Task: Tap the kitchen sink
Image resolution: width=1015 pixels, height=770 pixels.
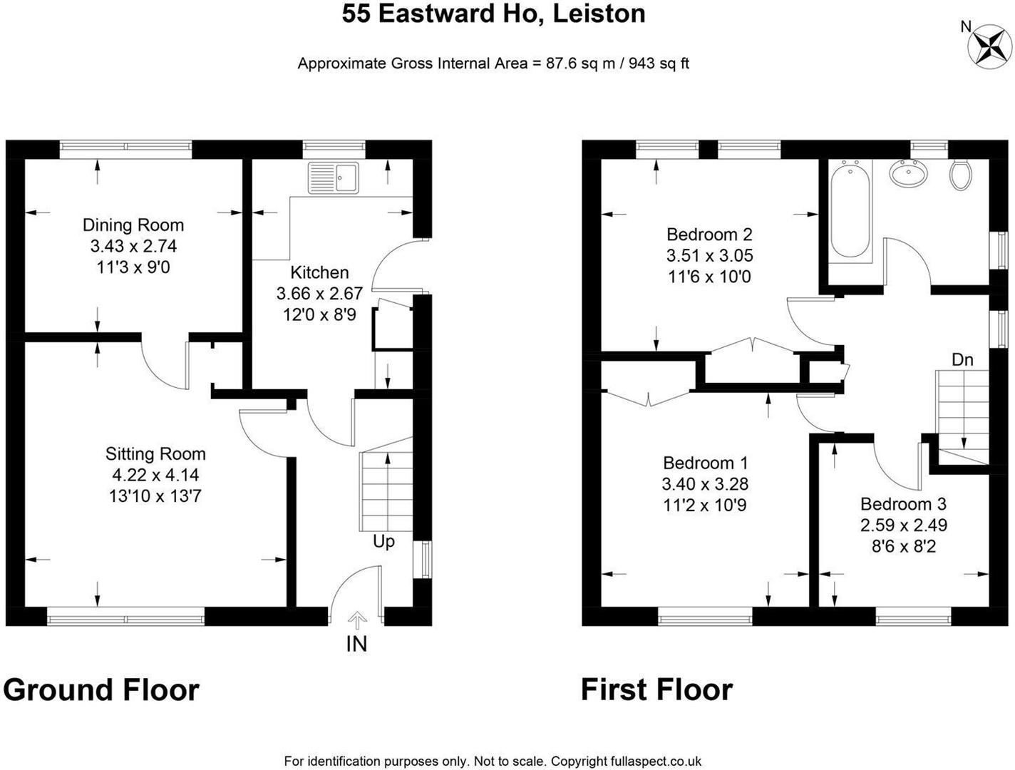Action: coord(334,178)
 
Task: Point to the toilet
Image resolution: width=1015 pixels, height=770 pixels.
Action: coord(961,175)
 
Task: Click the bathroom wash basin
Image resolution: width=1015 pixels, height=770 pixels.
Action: coord(909,173)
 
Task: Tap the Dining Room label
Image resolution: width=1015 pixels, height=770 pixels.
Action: coord(133,225)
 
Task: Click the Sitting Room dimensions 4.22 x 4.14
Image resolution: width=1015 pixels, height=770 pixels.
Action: coord(155,475)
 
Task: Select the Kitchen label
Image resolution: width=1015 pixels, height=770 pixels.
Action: coord(319,272)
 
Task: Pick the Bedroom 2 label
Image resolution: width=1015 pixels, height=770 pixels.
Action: coord(709,235)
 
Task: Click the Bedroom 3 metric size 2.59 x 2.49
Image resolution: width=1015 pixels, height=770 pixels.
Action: coord(904,525)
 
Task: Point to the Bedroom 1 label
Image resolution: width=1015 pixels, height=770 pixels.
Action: coord(705,463)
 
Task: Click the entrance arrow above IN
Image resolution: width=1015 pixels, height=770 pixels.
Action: coord(356,620)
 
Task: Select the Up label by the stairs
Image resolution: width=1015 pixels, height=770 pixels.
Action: coord(383,541)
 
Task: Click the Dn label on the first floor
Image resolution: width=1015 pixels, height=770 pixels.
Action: coord(962,359)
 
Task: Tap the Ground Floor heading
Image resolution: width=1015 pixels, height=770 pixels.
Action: coord(101,689)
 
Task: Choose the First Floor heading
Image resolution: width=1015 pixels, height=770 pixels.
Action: coord(656,689)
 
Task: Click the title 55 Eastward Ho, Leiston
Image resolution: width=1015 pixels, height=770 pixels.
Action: coord(493,13)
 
